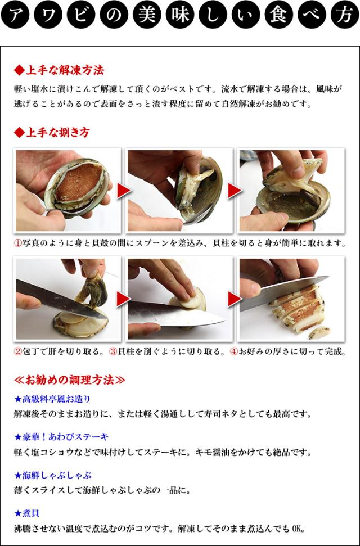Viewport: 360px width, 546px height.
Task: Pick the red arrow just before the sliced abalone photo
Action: (x=235, y=299)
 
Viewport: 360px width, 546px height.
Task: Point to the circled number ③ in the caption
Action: (x=113, y=352)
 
